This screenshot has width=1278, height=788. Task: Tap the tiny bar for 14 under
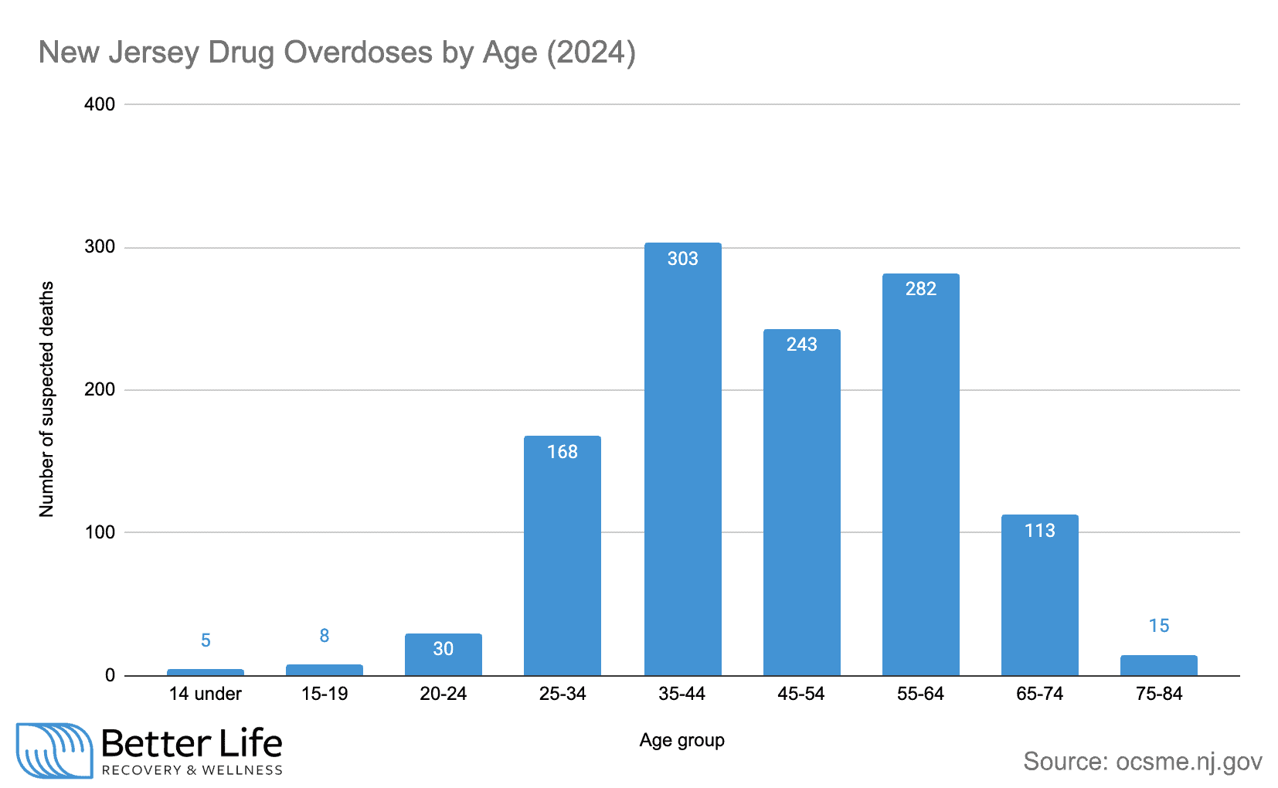click(206, 672)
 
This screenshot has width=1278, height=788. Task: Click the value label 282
click(920, 289)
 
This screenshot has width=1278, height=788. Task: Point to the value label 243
click(801, 345)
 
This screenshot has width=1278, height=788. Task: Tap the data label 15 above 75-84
click(1158, 626)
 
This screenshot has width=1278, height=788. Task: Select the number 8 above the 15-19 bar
click(325, 636)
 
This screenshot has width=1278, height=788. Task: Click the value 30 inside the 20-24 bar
click(443, 649)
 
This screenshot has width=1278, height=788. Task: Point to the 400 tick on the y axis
click(100, 104)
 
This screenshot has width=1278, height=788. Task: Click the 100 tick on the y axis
click(100, 532)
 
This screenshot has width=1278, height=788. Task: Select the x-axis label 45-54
click(800, 694)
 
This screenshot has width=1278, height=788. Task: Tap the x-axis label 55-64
click(920, 694)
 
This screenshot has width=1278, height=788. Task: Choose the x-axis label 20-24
click(443, 694)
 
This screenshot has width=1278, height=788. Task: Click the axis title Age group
click(681, 740)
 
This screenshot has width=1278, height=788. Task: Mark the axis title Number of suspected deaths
click(47, 399)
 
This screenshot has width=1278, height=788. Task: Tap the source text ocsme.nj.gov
click(1188, 762)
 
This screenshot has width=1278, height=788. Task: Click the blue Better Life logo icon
click(54, 750)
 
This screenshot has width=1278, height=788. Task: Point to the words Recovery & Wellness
click(192, 770)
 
